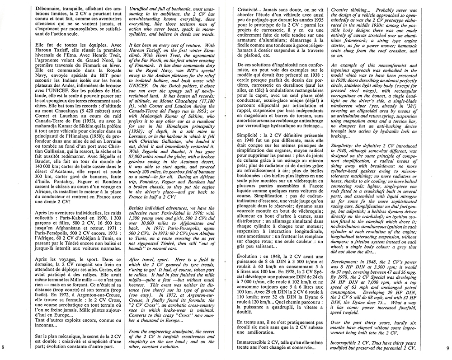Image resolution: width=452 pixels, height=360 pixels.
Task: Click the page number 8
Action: point(4,346)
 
